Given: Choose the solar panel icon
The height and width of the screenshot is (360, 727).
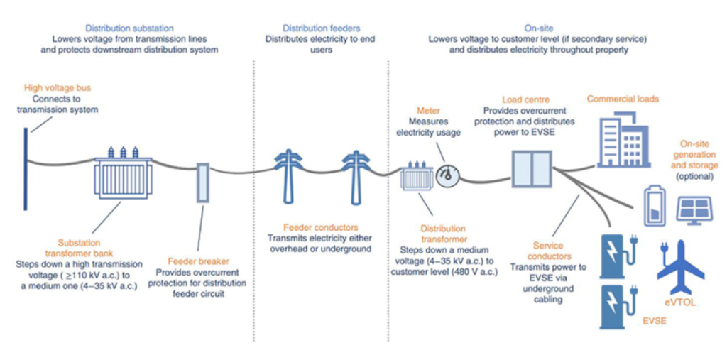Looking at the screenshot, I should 695,209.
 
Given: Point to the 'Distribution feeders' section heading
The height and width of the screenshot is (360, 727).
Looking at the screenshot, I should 319,27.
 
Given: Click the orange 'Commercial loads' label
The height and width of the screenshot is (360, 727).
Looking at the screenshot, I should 622,99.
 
